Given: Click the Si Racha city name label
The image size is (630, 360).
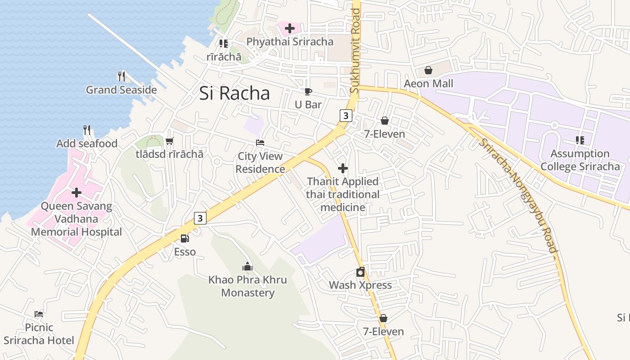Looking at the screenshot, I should tap(234, 93).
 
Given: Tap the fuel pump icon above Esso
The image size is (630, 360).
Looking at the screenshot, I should tap(184, 238).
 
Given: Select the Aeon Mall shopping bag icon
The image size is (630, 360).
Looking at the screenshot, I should tap(428, 71).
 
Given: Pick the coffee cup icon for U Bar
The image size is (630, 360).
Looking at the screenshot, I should tap(308, 92).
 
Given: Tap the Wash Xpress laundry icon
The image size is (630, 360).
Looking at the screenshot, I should tap(360, 272).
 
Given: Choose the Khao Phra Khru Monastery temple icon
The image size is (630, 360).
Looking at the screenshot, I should tap(247, 266).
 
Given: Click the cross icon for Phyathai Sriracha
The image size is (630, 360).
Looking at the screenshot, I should tap(290, 28).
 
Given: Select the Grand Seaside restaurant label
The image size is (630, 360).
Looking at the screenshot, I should tap(121, 90).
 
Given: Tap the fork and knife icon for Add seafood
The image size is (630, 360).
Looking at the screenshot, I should tap(87, 130).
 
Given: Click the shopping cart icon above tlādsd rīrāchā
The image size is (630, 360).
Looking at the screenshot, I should tap(169, 141).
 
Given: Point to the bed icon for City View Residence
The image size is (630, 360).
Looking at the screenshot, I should tap(260, 143).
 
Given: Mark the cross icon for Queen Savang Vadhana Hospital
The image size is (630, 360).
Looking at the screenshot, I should tap(76, 193).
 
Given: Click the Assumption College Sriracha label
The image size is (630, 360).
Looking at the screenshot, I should tap(580, 160).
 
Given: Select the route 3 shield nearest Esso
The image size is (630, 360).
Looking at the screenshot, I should tap(200, 218).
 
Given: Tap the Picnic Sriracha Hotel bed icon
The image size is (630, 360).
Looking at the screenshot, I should tap(39, 314).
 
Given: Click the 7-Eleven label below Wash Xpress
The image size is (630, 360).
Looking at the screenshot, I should tap(383, 332).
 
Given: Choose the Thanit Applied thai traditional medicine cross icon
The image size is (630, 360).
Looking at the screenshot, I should tap(343, 168).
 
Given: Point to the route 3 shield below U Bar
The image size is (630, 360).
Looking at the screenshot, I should tap(345, 116).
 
